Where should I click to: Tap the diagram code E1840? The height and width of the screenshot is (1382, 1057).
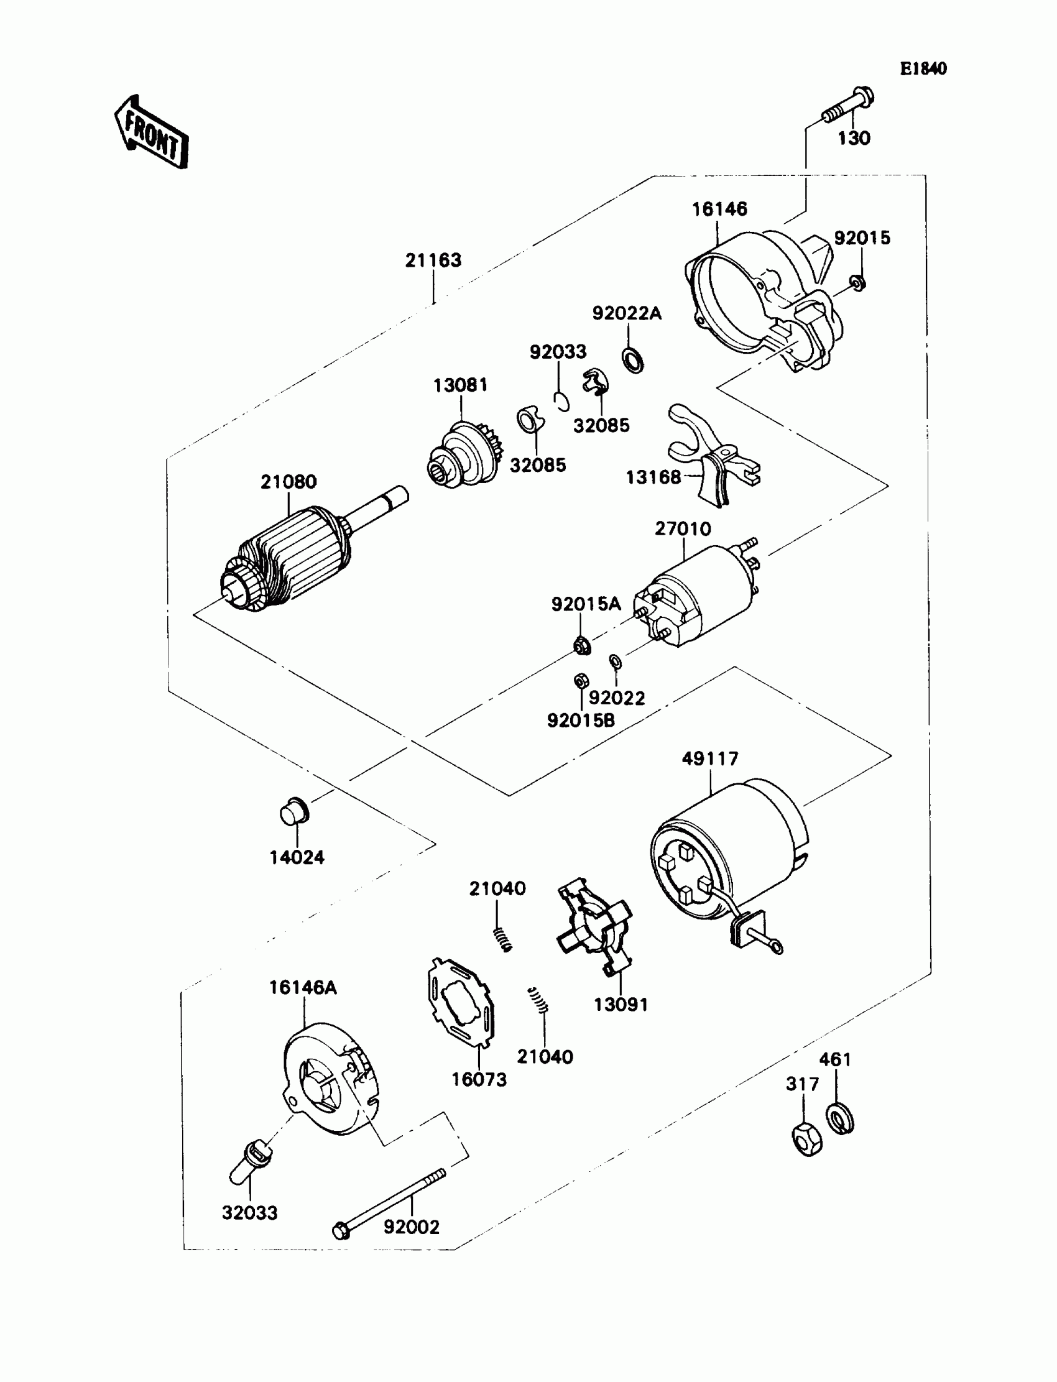click(x=922, y=68)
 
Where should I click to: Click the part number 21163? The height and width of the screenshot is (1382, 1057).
click(x=433, y=260)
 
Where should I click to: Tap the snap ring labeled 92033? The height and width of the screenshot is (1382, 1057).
click(x=563, y=402)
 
